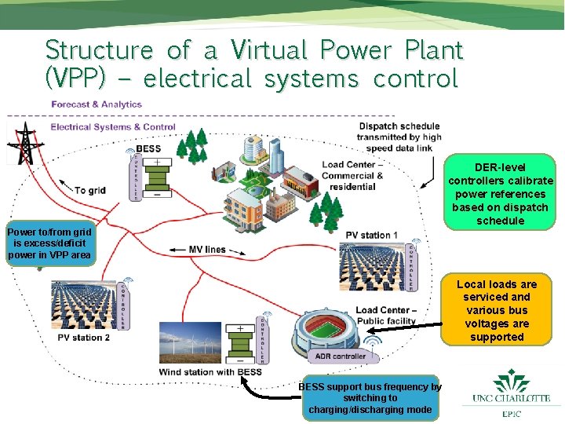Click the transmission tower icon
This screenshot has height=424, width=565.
pyautogui.click(x=25, y=144)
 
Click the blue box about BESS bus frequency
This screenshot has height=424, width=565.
pyautogui.click(x=370, y=398)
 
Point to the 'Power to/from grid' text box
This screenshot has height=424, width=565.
pyautogui.click(x=49, y=243)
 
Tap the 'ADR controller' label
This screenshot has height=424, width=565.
pyautogui.click(x=340, y=356)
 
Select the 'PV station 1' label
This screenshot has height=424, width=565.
pyautogui.click(x=371, y=236)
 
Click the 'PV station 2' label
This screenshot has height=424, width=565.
pyautogui.click(x=83, y=338)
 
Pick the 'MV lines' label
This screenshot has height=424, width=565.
pyautogui.click(x=207, y=250)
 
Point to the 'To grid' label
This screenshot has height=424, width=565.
pyautogui.click(x=90, y=191)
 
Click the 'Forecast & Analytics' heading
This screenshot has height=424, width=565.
pyautogui.click(x=96, y=104)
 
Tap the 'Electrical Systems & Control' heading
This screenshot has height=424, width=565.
pyautogui.click(x=112, y=127)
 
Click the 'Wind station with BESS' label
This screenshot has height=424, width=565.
pyautogui.click(x=210, y=371)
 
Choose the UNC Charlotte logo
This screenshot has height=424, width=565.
pyautogui.click(x=511, y=393)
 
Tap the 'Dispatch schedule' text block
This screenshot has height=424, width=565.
pyautogui.click(x=399, y=137)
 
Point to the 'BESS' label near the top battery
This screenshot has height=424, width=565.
pyautogui.click(x=149, y=149)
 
